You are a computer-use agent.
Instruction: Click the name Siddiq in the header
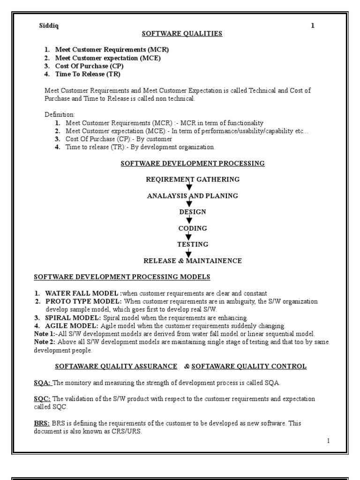tap(49, 26)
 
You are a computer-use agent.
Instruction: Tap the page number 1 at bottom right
tap(328, 441)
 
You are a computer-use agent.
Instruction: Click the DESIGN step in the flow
tap(192, 212)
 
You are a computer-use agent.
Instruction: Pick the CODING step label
tap(192, 228)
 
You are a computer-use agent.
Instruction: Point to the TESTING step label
tap(192, 244)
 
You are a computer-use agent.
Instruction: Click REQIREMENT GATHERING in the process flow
tap(193, 179)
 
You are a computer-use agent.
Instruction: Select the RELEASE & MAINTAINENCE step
tap(192, 261)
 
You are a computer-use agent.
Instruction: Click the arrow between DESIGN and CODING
tap(189, 220)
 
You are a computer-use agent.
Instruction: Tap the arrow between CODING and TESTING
tap(189, 237)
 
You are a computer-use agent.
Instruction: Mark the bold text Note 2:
tap(45, 342)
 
